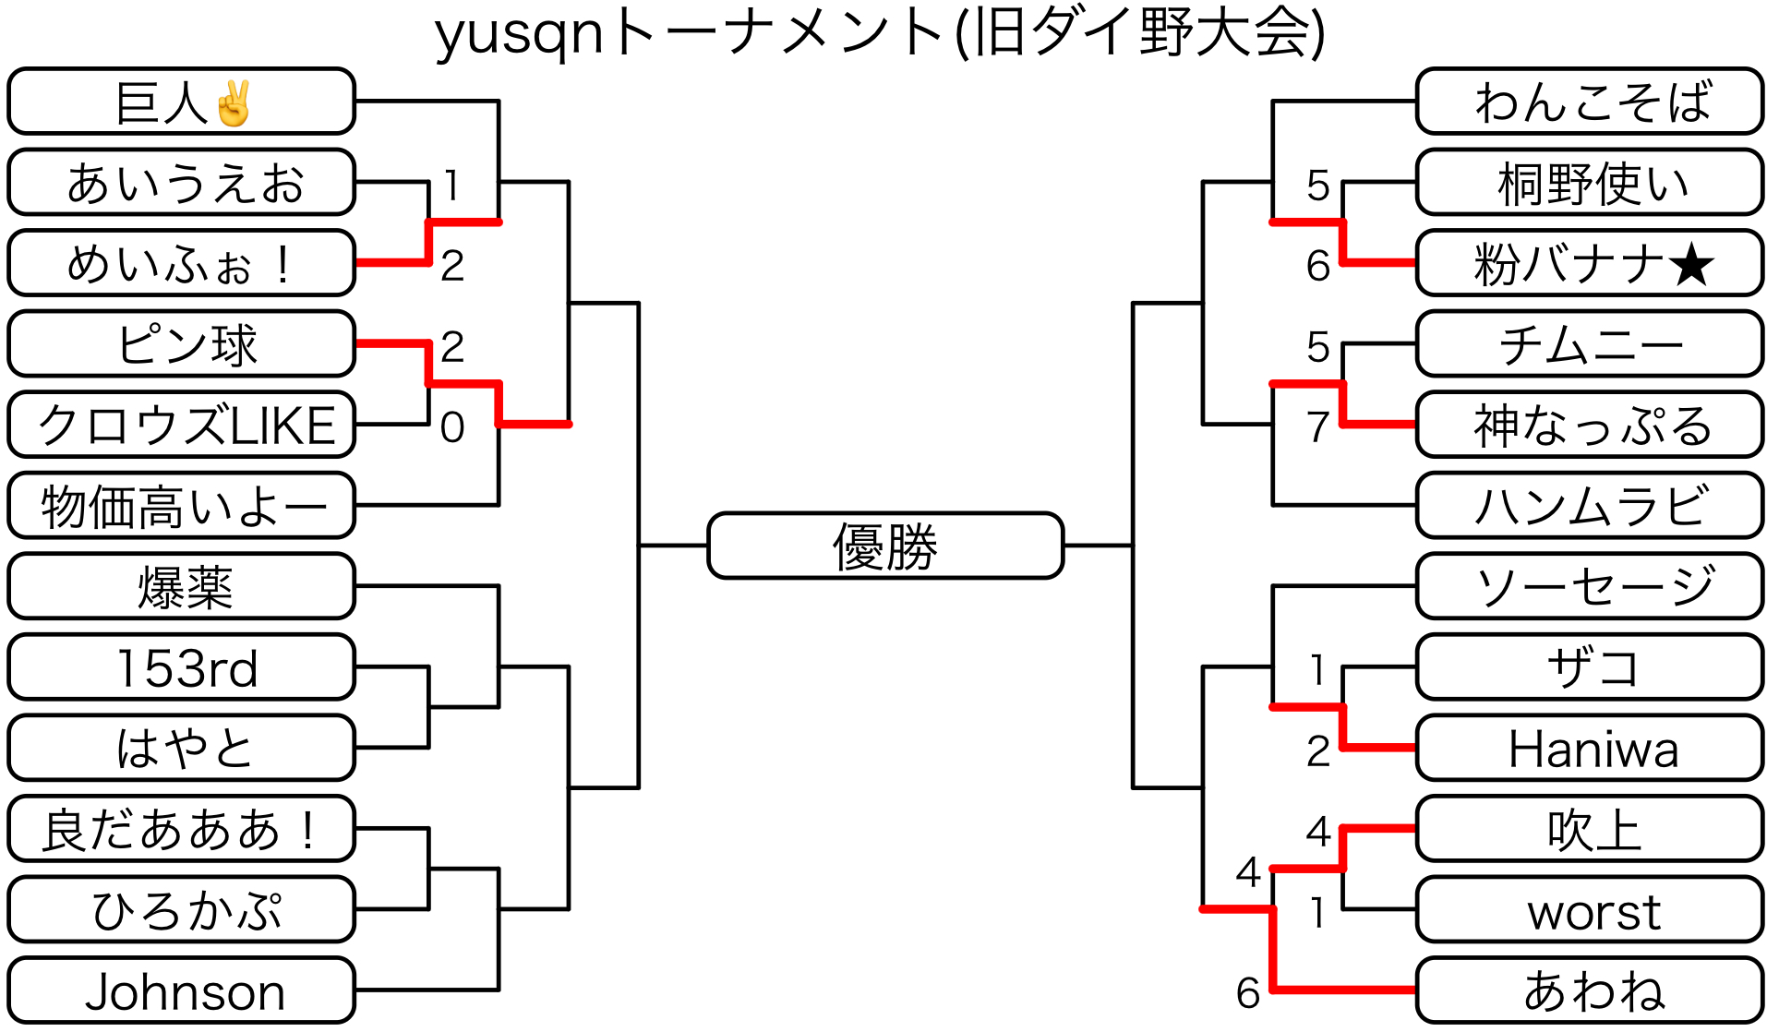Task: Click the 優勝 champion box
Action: pyautogui.click(x=884, y=546)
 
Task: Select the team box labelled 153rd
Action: pyautogui.click(x=182, y=667)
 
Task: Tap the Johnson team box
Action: pyautogui.click(x=182, y=991)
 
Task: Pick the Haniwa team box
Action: pyautogui.click(x=1590, y=749)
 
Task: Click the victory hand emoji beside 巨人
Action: pyautogui.click(x=233, y=103)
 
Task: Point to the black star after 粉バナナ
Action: pyautogui.click(x=1691, y=266)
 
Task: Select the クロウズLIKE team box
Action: pyautogui.click(x=182, y=425)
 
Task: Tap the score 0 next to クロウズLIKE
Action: pyautogui.click(x=452, y=427)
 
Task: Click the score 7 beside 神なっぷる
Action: pyautogui.click(x=1317, y=427)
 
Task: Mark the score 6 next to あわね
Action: pyautogui.click(x=1248, y=993)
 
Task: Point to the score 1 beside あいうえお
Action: pyautogui.click(x=451, y=186)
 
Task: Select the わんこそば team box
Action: pyautogui.click(x=1590, y=102)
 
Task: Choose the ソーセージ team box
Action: pyautogui.click(x=1590, y=586)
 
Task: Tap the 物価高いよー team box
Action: pyautogui.click(x=182, y=506)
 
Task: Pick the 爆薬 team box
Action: pyautogui.click(x=182, y=586)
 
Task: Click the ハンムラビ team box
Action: pyautogui.click(x=1590, y=506)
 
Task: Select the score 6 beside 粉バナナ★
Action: pyautogui.click(x=1317, y=266)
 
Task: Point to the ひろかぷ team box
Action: pyautogui.click(x=182, y=910)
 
